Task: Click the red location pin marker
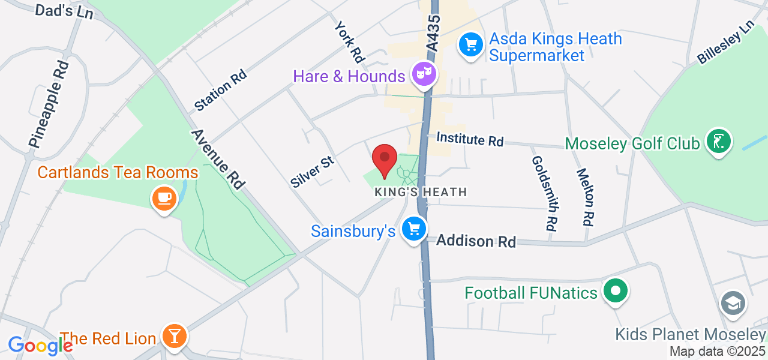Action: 385,159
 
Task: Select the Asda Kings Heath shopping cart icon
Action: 471,44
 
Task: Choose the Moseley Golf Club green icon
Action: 718,142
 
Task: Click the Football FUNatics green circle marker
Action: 615,292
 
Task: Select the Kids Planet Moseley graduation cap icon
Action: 733,304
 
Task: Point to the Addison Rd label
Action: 476,241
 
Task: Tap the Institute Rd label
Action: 470,139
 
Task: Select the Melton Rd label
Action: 585,197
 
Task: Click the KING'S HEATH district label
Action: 421,193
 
